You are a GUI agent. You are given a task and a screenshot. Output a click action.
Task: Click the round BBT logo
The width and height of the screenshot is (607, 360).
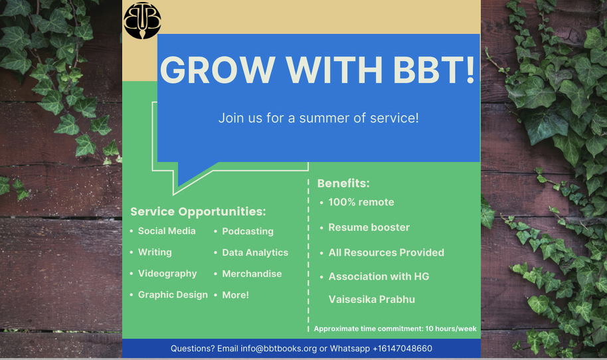click(x=142, y=21)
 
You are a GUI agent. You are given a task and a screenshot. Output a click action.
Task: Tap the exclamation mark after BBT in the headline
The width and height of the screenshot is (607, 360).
click(x=470, y=70)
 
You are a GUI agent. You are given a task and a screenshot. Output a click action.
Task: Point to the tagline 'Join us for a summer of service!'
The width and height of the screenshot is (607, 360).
click(x=319, y=118)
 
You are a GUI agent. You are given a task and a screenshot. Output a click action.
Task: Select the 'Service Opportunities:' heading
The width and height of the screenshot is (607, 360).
click(x=198, y=211)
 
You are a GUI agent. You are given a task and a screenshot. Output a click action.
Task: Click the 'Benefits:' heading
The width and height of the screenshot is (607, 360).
click(x=343, y=183)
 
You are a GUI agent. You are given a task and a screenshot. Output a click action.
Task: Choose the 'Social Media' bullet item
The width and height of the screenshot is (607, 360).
click(x=167, y=230)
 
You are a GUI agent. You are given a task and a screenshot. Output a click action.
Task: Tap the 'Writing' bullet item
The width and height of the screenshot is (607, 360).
click(x=155, y=252)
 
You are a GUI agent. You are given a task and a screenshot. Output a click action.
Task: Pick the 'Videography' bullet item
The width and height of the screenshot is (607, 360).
click(x=167, y=274)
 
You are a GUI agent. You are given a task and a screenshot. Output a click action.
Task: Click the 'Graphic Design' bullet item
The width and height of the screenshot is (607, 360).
click(x=173, y=295)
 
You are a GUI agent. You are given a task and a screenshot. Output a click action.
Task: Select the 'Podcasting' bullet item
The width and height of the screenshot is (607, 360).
click(x=248, y=232)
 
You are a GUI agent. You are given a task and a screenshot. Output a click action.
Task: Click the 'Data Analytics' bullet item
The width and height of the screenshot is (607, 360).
click(x=255, y=252)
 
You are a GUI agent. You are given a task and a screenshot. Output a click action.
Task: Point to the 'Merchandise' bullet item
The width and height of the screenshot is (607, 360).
click(x=252, y=274)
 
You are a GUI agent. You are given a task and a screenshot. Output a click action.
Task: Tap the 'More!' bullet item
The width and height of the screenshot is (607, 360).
click(x=235, y=295)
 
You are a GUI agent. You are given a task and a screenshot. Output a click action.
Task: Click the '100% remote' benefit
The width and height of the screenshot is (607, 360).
click(x=361, y=202)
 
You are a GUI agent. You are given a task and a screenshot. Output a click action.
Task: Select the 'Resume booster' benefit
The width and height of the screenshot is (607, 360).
click(x=369, y=227)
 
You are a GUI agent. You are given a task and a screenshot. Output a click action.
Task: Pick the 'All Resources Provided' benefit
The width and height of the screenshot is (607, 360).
click(x=387, y=252)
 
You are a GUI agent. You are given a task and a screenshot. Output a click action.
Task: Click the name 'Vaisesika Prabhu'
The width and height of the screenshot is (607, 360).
click(x=372, y=300)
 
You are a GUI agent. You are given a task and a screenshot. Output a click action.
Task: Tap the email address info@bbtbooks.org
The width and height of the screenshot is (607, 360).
click(x=279, y=349)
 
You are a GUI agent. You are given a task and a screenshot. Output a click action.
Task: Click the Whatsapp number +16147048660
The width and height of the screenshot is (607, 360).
click(x=402, y=349)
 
